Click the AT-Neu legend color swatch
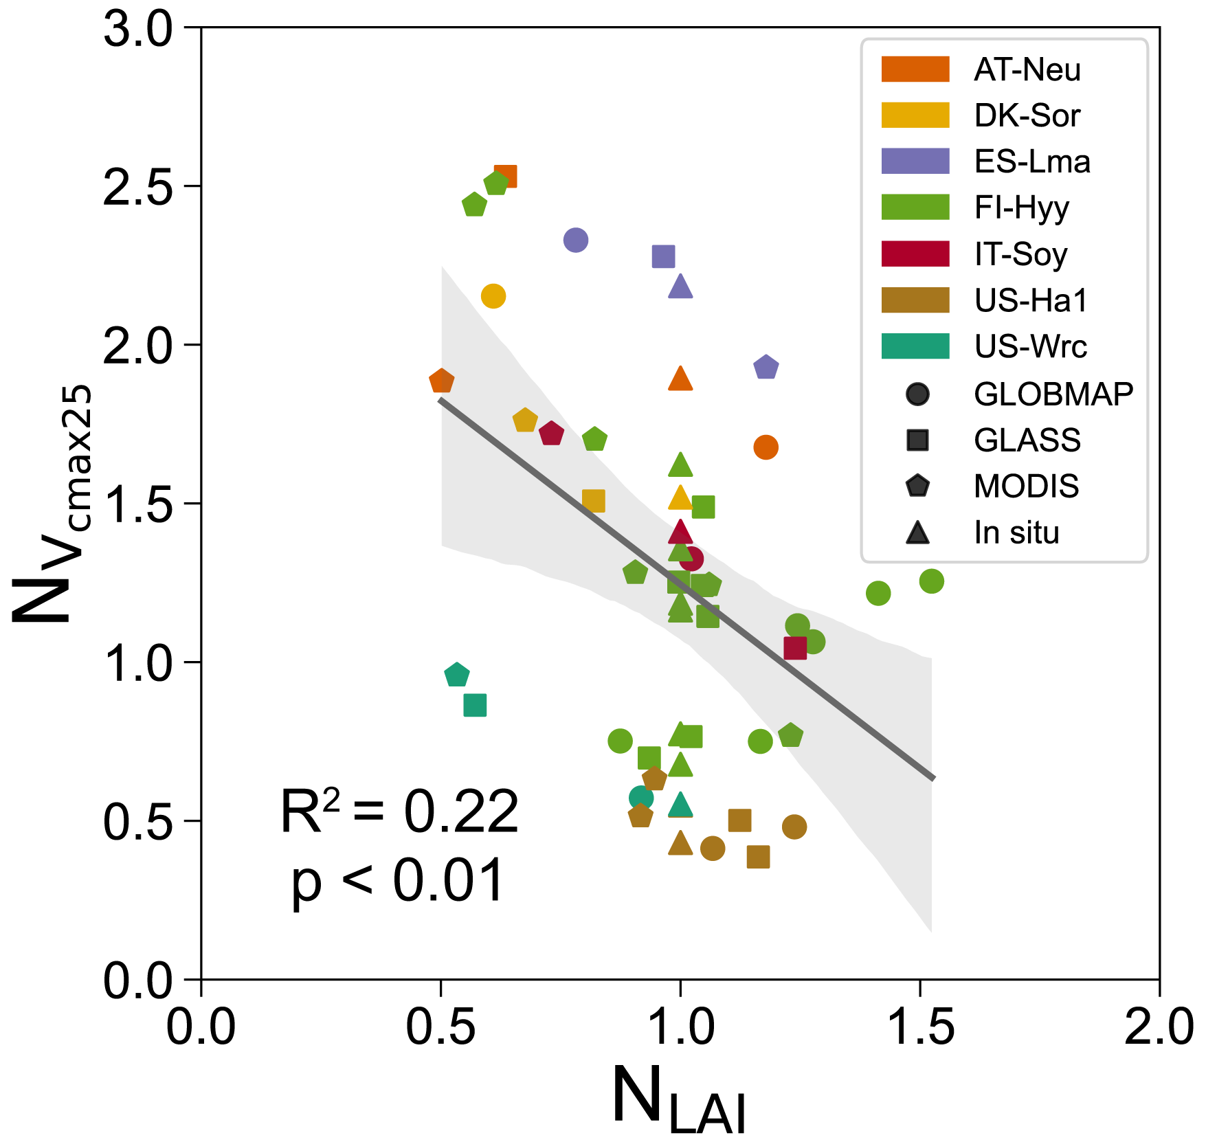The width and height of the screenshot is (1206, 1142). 915,69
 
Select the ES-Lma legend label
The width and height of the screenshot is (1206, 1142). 1031,161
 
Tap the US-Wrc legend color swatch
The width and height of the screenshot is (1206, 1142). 915,346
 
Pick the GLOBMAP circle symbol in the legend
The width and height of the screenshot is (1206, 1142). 917,394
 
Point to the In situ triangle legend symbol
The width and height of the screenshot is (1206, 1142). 917,533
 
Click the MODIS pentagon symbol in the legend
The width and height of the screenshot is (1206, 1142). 917,486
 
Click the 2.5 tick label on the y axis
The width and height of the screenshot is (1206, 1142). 137,186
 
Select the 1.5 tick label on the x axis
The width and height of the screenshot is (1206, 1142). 919,1029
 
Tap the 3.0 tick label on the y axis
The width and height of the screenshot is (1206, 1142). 137,29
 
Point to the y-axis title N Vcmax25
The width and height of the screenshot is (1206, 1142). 52,505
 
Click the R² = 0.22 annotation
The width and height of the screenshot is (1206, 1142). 399,811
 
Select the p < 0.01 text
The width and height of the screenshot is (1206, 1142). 398,881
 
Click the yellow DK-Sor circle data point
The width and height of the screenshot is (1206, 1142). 493,296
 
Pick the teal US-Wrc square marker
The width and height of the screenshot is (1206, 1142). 475,705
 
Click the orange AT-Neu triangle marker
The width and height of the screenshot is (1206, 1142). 680,379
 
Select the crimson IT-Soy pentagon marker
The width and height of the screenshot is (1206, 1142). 551,434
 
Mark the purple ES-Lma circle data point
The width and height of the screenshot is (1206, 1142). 576,240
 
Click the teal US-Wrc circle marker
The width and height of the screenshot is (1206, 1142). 640,798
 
